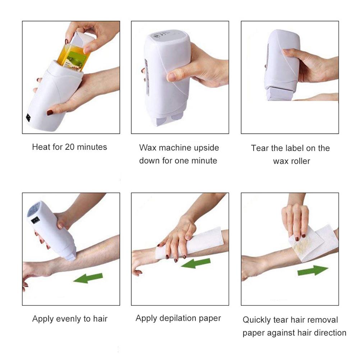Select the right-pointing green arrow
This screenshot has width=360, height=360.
pyautogui.click(x=313, y=270)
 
